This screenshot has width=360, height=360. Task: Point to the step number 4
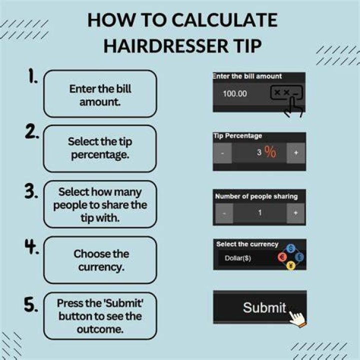tap(31, 246)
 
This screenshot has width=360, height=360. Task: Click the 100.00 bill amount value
tap(235, 93)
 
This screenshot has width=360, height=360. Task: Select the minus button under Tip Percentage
tap(222, 153)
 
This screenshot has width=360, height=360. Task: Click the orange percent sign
tap(270, 152)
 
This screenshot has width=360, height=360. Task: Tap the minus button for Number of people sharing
tap(224, 213)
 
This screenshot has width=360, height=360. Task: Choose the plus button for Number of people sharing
tap(295, 213)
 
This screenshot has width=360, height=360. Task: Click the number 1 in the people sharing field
tap(259, 212)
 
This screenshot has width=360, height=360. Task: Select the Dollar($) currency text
tap(238, 258)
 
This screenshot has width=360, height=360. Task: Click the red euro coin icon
tap(282, 257)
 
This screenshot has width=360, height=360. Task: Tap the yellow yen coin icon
tap(291, 265)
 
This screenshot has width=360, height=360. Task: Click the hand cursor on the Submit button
tap(298, 318)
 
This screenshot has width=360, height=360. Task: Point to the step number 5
tap(31, 304)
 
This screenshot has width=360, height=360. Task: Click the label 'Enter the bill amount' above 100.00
tap(247, 76)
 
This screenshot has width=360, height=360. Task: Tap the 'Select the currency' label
tap(247, 244)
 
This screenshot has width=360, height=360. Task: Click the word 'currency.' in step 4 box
tap(101, 267)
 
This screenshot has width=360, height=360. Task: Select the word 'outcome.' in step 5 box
tap(100, 329)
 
